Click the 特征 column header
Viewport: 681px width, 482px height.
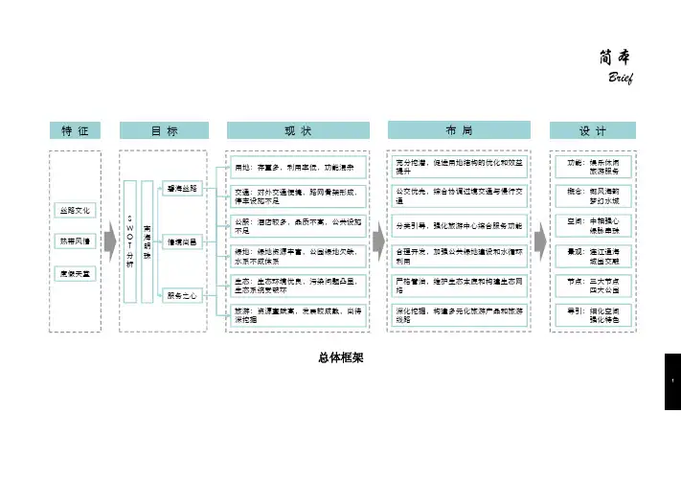coord(75,130)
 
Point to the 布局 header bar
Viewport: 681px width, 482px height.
coord(458,130)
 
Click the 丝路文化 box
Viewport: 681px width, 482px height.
coord(76,209)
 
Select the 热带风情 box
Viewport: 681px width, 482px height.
coord(76,241)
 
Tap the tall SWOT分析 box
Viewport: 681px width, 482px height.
coord(130,243)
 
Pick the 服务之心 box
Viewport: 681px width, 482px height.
coord(182,296)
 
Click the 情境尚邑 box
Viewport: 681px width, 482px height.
coord(182,243)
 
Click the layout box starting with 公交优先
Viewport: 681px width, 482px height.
coord(458,196)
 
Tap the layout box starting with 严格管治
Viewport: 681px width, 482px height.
coord(458,286)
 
